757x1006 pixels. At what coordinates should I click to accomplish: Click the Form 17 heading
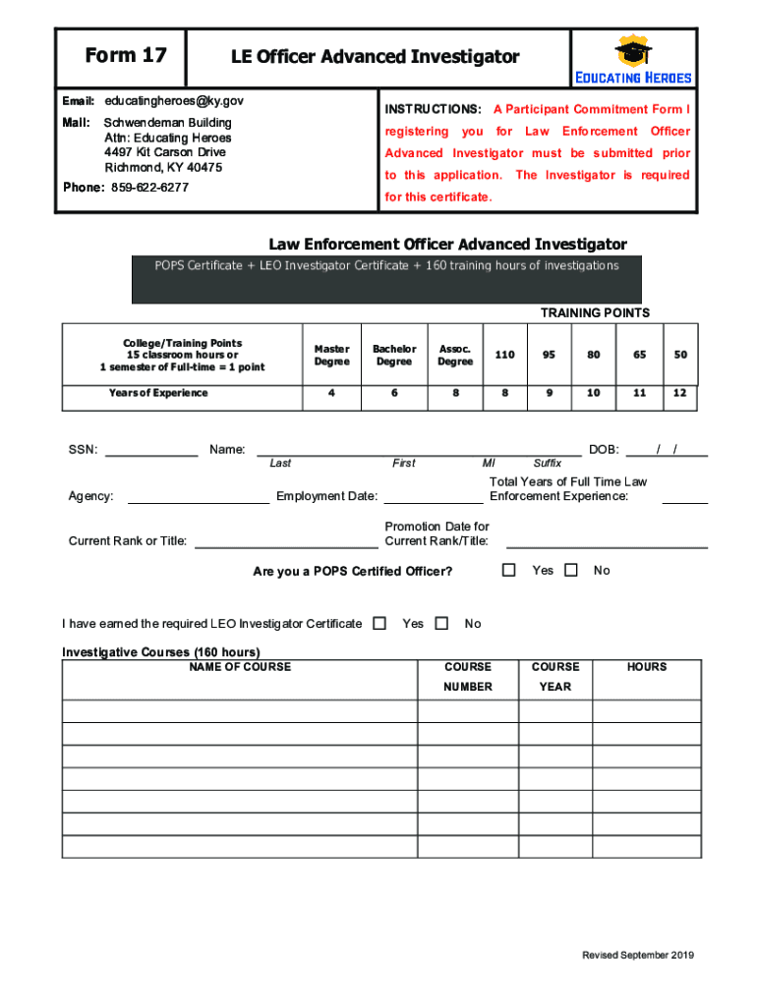tap(125, 56)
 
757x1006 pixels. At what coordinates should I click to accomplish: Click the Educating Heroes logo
tap(633, 61)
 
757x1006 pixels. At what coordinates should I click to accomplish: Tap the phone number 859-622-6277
tap(149, 188)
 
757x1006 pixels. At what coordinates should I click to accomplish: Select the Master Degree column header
tap(331, 355)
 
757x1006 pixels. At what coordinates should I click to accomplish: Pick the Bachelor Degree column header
tap(394, 355)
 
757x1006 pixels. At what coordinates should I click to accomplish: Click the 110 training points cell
tap(504, 355)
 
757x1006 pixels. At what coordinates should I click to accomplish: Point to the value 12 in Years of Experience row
tap(680, 393)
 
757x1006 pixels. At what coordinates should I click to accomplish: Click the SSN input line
tap(151, 452)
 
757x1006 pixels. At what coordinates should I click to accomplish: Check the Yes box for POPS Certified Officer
tap(508, 570)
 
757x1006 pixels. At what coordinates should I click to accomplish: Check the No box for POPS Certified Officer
tap(571, 570)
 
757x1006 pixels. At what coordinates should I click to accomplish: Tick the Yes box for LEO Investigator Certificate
tap(380, 623)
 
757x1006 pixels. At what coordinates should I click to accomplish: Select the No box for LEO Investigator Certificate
tap(441, 623)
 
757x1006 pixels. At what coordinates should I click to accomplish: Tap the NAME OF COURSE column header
tap(240, 667)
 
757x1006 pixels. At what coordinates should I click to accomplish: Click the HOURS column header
tap(647, 667)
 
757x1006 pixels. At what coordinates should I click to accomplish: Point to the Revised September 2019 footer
tap(638, 956)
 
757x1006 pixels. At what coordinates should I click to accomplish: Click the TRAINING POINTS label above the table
tap(595, 313)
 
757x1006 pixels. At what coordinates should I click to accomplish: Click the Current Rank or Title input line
tap(284, 542)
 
